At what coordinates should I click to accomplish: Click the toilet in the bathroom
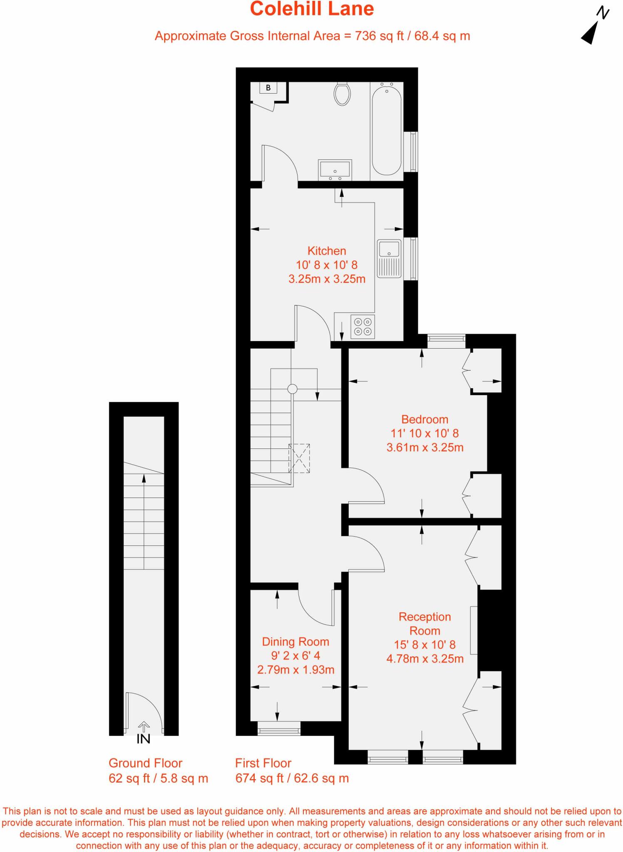[x=342, y=94]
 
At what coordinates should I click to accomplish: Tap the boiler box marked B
[x=268, y=88]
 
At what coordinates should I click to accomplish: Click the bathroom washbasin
[x=335, y=170]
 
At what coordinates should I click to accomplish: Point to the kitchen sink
[x=389, y=258]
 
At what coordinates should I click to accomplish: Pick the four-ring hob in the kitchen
[x=363, y=327]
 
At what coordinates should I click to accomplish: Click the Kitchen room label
[x=327, y=251]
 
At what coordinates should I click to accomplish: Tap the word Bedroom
[x=424, y=419]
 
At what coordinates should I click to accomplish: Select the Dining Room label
[x=295, y=641]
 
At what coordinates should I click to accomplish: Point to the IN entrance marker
[x=144, y=738]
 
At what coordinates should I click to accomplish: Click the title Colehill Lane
[x=312, y=9]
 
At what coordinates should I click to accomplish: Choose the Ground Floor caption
[x=145, y=763]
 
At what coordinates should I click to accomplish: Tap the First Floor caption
[x=263, y=763]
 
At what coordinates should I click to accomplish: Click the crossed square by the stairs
[x=300, y=458]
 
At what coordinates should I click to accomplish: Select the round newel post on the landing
[x=293, y=389]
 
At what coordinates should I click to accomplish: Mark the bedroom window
[x=446, y=341]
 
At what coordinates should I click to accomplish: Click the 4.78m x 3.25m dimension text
[x=425, y=659]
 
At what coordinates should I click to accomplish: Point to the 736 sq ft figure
[x=379, y=36]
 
